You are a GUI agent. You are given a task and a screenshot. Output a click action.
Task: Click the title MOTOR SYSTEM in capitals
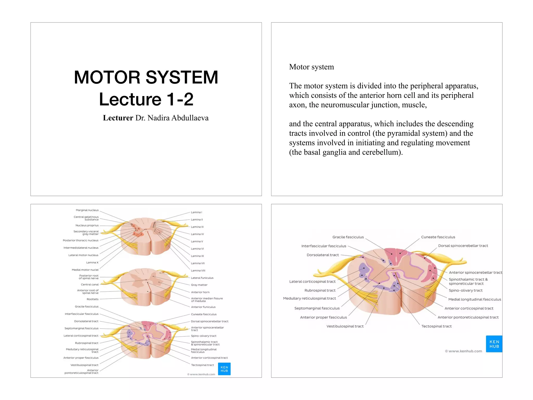click(146, 77)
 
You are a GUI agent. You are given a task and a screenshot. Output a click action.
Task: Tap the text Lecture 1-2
click(146, 99)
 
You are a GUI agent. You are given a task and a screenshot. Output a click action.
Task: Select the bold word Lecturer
click(118, 118)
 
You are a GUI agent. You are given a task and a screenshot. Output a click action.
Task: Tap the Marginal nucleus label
click(87, 210)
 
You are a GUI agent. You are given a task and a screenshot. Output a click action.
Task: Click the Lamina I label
click(196, 212)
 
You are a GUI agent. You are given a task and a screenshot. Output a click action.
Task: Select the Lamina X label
click(92, 262)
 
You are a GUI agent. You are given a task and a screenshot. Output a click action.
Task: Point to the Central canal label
click(90, 285)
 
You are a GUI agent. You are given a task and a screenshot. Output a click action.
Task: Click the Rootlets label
click(93, 299)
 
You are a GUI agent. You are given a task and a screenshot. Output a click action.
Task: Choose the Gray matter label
click(199, 285)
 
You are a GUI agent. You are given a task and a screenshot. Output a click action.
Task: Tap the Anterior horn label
click(200, 292)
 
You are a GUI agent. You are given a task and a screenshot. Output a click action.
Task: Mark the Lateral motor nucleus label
click(83, 255)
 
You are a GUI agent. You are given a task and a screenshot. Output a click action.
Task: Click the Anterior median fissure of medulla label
click(207, 300)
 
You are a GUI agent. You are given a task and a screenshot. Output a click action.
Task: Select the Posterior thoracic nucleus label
click(81, 240)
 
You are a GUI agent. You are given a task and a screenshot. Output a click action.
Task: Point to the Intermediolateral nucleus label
click(81, 248)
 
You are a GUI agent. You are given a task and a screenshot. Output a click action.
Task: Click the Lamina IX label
click(197, 256)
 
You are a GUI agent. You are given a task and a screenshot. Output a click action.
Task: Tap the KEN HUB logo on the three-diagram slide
click(224, 369)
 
